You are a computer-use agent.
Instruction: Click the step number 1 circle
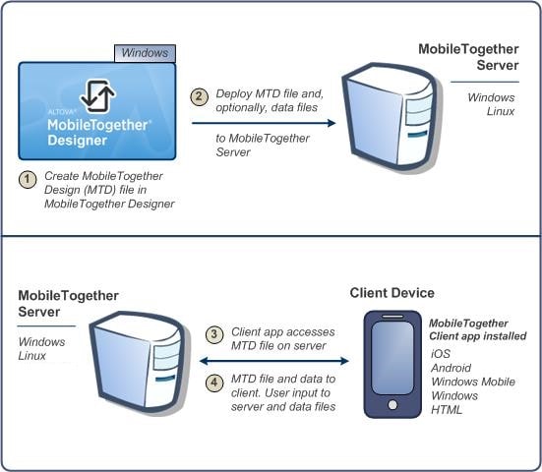tap(28, 179)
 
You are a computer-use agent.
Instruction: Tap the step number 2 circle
tap(199, 96)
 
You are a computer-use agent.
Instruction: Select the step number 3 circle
tap(214, 334)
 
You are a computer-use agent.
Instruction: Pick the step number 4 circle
tap(214, 383)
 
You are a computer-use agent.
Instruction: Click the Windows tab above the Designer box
tap(146, 53)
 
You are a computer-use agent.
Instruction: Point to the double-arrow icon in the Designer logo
tap(97, 96)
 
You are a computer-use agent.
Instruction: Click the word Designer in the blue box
tap(78, 141)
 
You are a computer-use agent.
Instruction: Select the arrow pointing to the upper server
tap(264, 123)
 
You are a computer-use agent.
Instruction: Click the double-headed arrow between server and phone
tap(274, 361)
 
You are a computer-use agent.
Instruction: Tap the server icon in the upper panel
tap(390, 117)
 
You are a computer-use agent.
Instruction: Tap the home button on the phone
tap(392, 404)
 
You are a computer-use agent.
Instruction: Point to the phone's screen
tap(392, 358)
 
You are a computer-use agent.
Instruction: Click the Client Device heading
tap(391, 293)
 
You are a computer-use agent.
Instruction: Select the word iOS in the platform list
tap(441, 353)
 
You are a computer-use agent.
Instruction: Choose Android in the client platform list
tap(452, 368)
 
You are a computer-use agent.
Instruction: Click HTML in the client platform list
tap(447, 410)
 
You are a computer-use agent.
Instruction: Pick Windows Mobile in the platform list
tap(473, 382)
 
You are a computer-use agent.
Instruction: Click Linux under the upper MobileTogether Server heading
tap(501, 111)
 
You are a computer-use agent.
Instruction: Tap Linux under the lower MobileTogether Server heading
tap(32, 356)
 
